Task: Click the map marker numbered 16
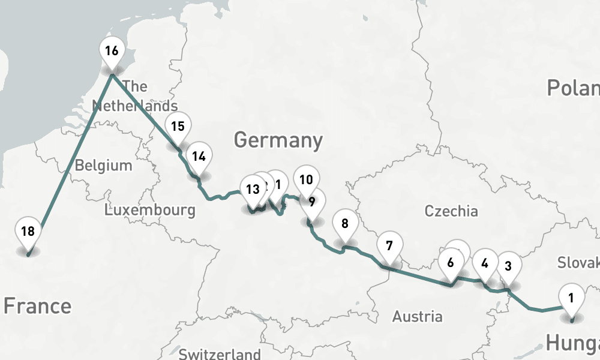click(x=112, y=51)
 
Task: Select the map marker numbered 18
click(x=28, y=232)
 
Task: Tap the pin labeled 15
click(x=178, y=127)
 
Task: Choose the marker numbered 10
click(x=306, y=180)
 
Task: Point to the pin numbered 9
click(x=312, y=202)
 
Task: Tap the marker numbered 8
click(x=344, y=224)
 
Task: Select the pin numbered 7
click(x=389, y=246)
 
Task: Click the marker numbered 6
click(x=451, y=262)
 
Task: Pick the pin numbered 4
click(x=485, y=263)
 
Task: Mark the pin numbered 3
click(x=508, y=266)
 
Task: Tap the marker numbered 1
click(x=571, y=298)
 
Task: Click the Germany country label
click(x=278, y=140)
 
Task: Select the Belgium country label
click(x=103, y=166)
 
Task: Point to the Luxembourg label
click(x=149, y=210)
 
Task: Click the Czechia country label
click(x=451, y=211)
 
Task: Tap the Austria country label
click(x=417, y=316)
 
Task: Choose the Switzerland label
click(x=220, y=354)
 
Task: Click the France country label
click(x=37, y=306)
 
